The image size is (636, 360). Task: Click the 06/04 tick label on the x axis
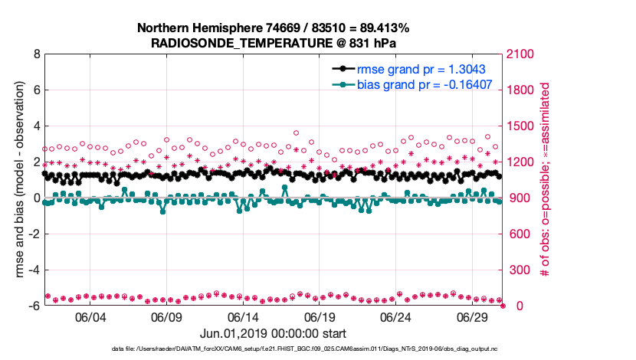pos(90,317)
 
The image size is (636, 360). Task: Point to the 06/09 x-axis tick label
pos(166,317)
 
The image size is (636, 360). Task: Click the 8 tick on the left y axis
pos(36,54)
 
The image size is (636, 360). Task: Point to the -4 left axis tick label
pos(34,270)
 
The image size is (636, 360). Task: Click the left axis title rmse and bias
pos(16,180)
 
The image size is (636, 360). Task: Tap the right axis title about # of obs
pos(545,180)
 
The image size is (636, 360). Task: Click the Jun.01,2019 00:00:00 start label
pos(273,334)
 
